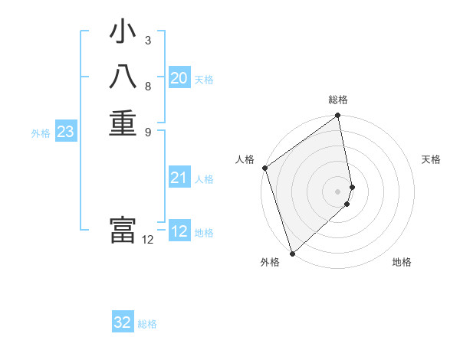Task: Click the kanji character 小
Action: pyautogui.click(x=123, y=33)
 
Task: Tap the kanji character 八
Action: pyautogui.click(x=123, y=78)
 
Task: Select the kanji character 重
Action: pyautogui.click(x=123, y=123)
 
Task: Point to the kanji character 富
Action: pyautogui.click(x=123, y=231)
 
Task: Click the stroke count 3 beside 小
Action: pyautogui.click(x=148, y=39)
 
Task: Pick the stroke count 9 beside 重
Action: pyautogui.click(x=148, y=131)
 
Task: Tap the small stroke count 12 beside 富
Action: pyautogui.click(x=147, y=240)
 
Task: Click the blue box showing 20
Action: pyautogui.click(x=179, y=78)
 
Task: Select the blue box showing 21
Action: pyautogui.click(x=179, y=178)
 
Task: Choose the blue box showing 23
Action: pyautogui.click(x=66, y=132)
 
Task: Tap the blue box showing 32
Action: pyautogui.click(x=123, y=322)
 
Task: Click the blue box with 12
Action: pyautogui.click(x=179, y=231)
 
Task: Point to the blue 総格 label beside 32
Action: pyautogui.click(x=147, y=324)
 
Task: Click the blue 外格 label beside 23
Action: pyautogui.click(x=41, y=133)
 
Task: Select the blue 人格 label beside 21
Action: pyautogui.click(x=204, y=179)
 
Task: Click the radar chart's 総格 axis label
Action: pyautogui.click(x=338, y=100)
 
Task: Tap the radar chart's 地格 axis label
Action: pyautogui.click(x=402, y=262)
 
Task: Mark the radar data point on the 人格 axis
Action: pyautogui.click(x=264, y=168)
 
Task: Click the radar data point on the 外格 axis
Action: pyautogui.click(x=292, y=253)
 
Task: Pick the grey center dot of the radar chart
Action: pyautogui.click(x=338, y=191)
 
